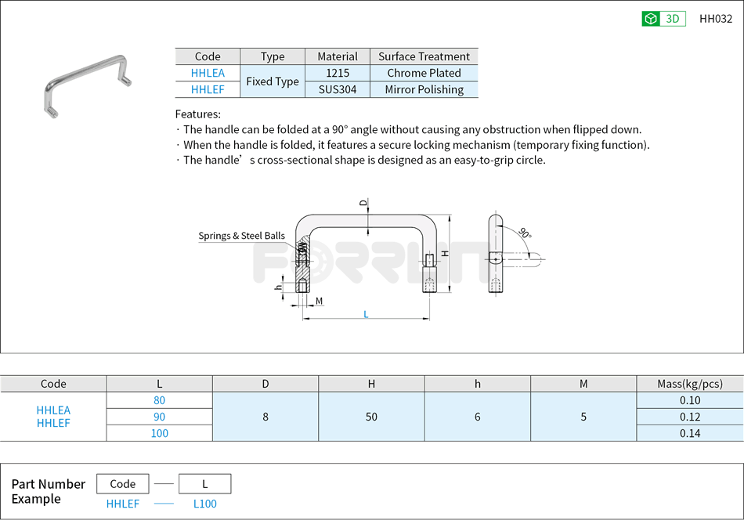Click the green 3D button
(663, 19)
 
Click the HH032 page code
(715, 19)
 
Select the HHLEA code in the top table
(208, 73)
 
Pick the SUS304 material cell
(338, 89)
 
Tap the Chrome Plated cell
(424, 73)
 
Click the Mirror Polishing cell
(424, 89)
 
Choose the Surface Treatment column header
(424, 56)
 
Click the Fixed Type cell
(273, 81)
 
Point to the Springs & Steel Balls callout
(241, 236)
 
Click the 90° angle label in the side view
(525, 233)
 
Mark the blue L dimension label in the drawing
(366, 314)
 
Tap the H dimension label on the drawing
(444, 253)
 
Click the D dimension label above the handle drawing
(363, 203)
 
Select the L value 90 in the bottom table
(159, 417)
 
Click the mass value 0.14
(690, 433)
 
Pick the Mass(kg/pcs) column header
(690, 384)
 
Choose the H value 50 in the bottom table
(371, 417)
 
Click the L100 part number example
(204, 504)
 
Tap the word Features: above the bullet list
(197, 114)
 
